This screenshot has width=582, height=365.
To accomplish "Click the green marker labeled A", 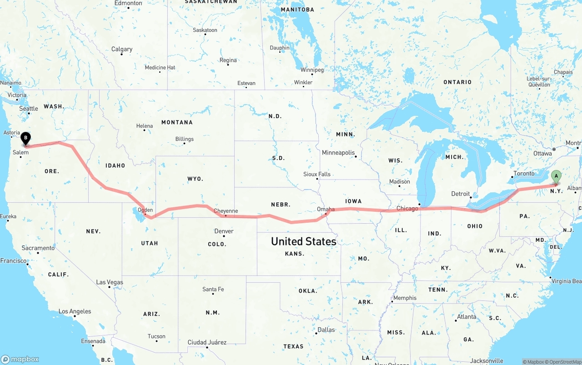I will pos(556,176).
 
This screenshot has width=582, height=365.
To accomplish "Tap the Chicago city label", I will pos(407,209).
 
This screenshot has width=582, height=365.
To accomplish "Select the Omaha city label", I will pos(326,210).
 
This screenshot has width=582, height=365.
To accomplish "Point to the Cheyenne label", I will pos(226,211).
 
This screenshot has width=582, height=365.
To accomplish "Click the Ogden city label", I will pos(145,210).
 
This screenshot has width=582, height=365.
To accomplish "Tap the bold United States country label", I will pos(303,241).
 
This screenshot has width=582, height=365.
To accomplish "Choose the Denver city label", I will pos(224,231).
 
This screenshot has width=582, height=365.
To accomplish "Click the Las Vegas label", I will pos(110,282).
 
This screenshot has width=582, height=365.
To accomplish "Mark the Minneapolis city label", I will pos(338,153).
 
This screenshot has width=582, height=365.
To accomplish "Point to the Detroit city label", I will pos(461,194).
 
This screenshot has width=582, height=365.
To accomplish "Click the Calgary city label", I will pos(122,49).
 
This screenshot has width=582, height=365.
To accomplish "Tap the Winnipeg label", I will pos(312,70).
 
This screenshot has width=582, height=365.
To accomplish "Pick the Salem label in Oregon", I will pos(20,152).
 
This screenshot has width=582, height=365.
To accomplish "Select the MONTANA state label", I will pos(177,122).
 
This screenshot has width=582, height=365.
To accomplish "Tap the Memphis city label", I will pos(405,298).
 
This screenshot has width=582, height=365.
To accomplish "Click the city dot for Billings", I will pos(184,144).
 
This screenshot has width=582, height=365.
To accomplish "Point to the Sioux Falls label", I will pos(317,174).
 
